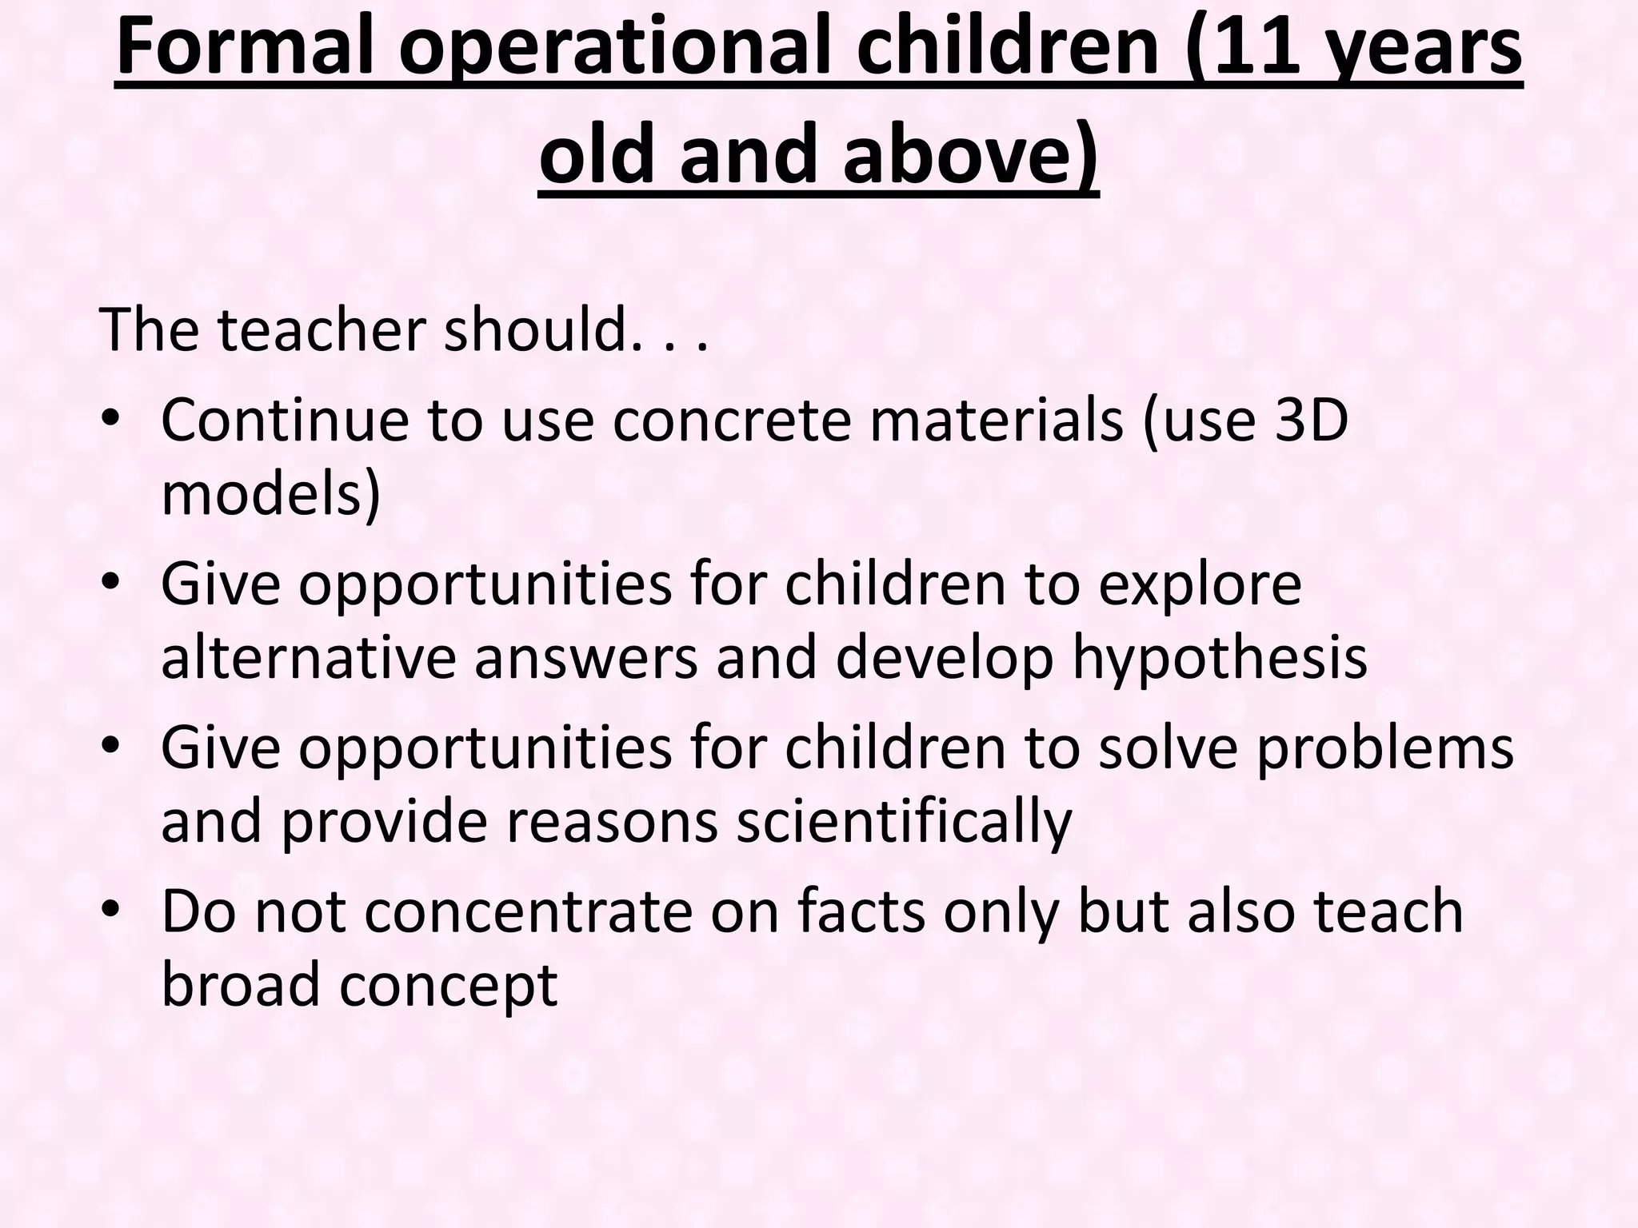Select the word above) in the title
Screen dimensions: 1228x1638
pyautogui.click(x=970, y=152)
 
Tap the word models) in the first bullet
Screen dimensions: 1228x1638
pyautogui.click(x=270, y=494)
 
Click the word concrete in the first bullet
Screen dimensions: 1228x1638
pyautogui.click(x=732, y=422)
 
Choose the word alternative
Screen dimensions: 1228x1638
pyautogui.click(x=308, y=657)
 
